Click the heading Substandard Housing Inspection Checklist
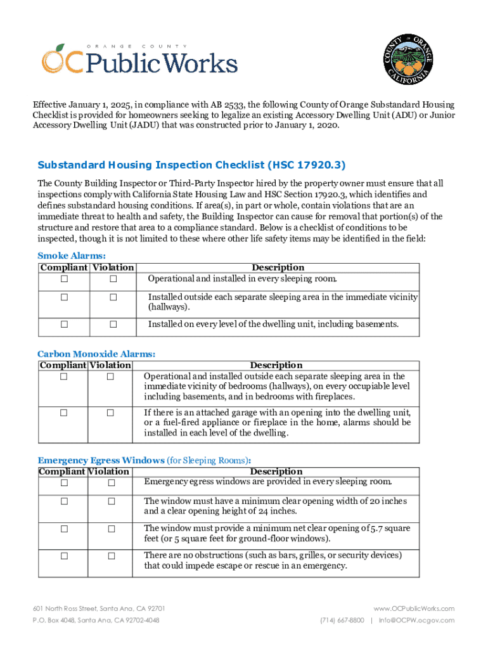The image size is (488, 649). coord(191,165)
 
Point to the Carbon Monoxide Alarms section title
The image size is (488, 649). coord(96,354)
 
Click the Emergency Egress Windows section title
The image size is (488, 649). coord(101,460)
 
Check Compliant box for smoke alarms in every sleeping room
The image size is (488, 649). coord(64,280)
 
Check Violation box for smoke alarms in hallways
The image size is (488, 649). coord(113,297)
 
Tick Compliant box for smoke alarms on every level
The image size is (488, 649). coord(64,324)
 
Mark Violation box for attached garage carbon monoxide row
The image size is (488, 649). coord(110,413)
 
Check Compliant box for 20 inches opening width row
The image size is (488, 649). coord(64,502)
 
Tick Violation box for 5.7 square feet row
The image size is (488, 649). coord(110,529)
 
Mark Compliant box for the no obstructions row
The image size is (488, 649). coord(64,556)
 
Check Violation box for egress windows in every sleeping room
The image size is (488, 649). coord(110,484)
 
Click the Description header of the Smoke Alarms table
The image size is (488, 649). coord(278,267)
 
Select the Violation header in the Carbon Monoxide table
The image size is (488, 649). coord(110,365)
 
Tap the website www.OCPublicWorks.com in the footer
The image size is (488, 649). coord(414,608)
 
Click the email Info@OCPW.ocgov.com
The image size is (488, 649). coord(416,620)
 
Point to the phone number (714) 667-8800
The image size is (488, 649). coord(342,620)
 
